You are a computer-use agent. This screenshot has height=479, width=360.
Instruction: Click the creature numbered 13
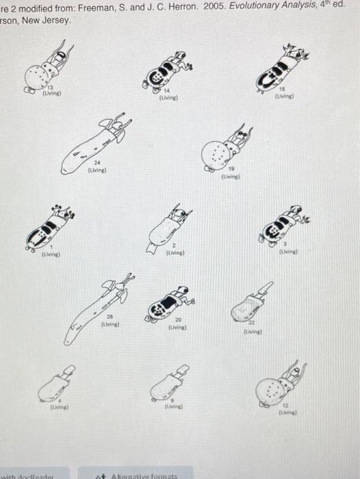50,69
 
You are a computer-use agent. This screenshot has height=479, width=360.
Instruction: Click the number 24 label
99,163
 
